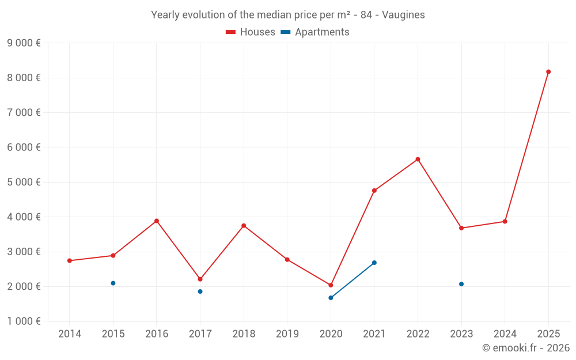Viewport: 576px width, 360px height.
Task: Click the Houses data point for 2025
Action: pos(548,72)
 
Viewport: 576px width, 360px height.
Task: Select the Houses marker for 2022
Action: pos(418,160)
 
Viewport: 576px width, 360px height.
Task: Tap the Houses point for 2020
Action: pos(331,285)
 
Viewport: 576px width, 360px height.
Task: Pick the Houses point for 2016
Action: pos(157,221)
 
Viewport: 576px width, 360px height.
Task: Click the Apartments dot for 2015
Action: pos(113,283)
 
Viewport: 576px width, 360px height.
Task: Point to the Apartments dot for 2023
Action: pos(461,284)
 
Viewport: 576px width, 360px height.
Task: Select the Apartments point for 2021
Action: pos(374,263)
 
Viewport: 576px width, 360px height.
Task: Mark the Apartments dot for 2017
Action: pos(200,291)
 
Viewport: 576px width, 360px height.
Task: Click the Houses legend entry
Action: pos(251,32)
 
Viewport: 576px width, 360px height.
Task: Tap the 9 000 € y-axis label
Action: pos(24,43)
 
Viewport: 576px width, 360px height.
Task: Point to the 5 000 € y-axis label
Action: pos(24,182)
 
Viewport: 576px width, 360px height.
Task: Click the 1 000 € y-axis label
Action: pos(24,321)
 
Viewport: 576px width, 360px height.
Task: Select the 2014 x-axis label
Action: pos(70,334)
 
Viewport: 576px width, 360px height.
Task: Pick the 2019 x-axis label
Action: pos(287,334)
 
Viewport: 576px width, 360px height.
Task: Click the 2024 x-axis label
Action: pos(505,334)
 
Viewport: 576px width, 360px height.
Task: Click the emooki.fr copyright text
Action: pos(526,348)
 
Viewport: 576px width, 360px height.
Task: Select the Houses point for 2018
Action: pos(244,226)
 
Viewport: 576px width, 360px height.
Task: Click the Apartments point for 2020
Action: pos(331,298)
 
